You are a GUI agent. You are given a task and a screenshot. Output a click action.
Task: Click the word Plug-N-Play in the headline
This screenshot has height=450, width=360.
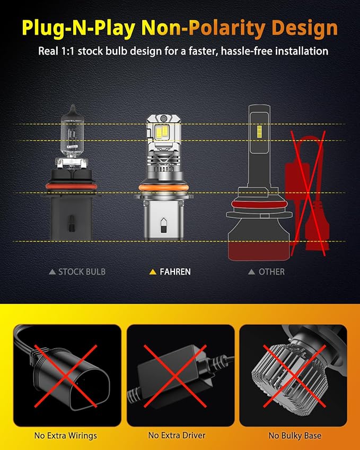tap(78, 29)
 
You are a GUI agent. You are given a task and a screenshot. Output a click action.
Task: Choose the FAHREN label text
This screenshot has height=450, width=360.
tap(175, 272)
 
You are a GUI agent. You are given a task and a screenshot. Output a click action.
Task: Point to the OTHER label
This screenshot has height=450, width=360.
tap(271, 272)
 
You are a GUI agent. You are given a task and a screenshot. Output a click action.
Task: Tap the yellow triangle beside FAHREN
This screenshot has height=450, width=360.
tap(153, 272)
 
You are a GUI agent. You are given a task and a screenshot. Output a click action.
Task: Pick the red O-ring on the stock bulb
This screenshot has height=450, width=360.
tap(71, 186)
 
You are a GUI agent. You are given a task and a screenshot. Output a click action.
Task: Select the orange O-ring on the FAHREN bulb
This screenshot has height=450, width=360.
tap(164, 188)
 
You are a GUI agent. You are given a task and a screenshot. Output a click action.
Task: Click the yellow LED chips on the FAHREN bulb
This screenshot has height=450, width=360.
tap(161, 131)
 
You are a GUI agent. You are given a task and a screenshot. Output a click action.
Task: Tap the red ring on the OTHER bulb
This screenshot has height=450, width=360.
tap(259, 205)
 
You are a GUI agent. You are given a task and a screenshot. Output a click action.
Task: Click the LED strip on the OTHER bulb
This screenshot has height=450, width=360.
tap(259, 133)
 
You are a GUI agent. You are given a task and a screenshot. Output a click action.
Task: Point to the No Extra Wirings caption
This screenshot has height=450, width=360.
tap(65, 436)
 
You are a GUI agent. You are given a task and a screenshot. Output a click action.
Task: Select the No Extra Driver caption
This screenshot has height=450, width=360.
tap(177, 435)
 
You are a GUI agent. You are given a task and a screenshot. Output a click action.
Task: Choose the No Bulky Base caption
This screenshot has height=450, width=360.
tap(295, 436)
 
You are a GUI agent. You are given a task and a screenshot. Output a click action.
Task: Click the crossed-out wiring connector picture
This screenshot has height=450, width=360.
tap(67, 375)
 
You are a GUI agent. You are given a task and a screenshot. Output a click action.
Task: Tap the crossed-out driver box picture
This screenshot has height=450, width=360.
tap(181, 375)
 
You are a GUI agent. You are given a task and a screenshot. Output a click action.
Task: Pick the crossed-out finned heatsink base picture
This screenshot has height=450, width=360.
tap(293, 375)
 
